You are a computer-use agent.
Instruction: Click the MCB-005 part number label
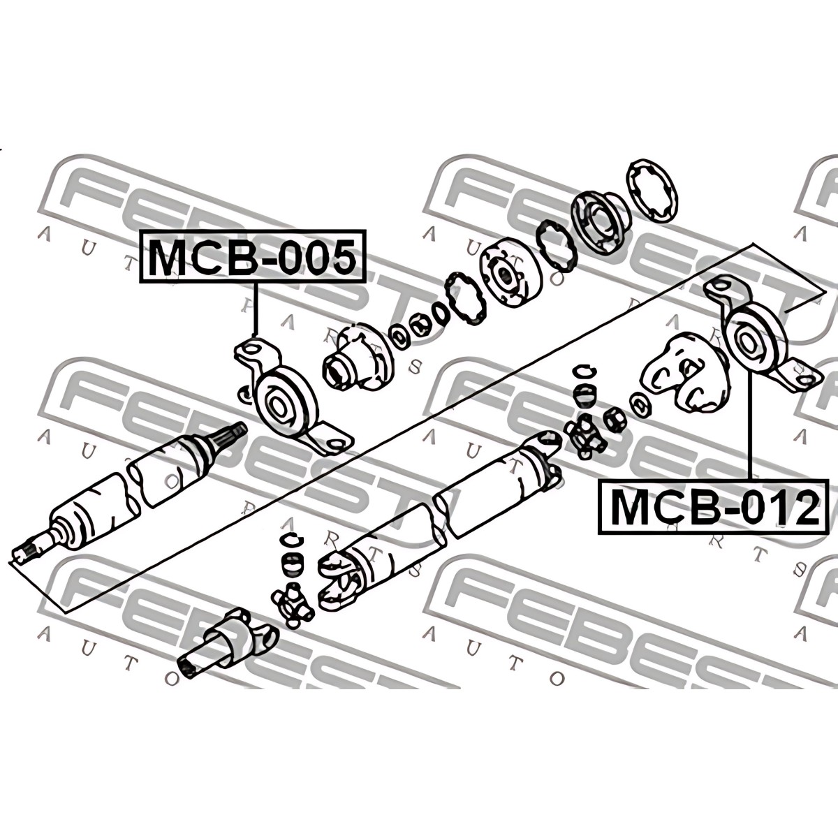252,256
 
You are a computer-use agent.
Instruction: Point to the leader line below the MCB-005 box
255,310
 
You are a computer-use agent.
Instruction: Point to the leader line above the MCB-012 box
749,425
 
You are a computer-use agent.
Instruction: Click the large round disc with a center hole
510,276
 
